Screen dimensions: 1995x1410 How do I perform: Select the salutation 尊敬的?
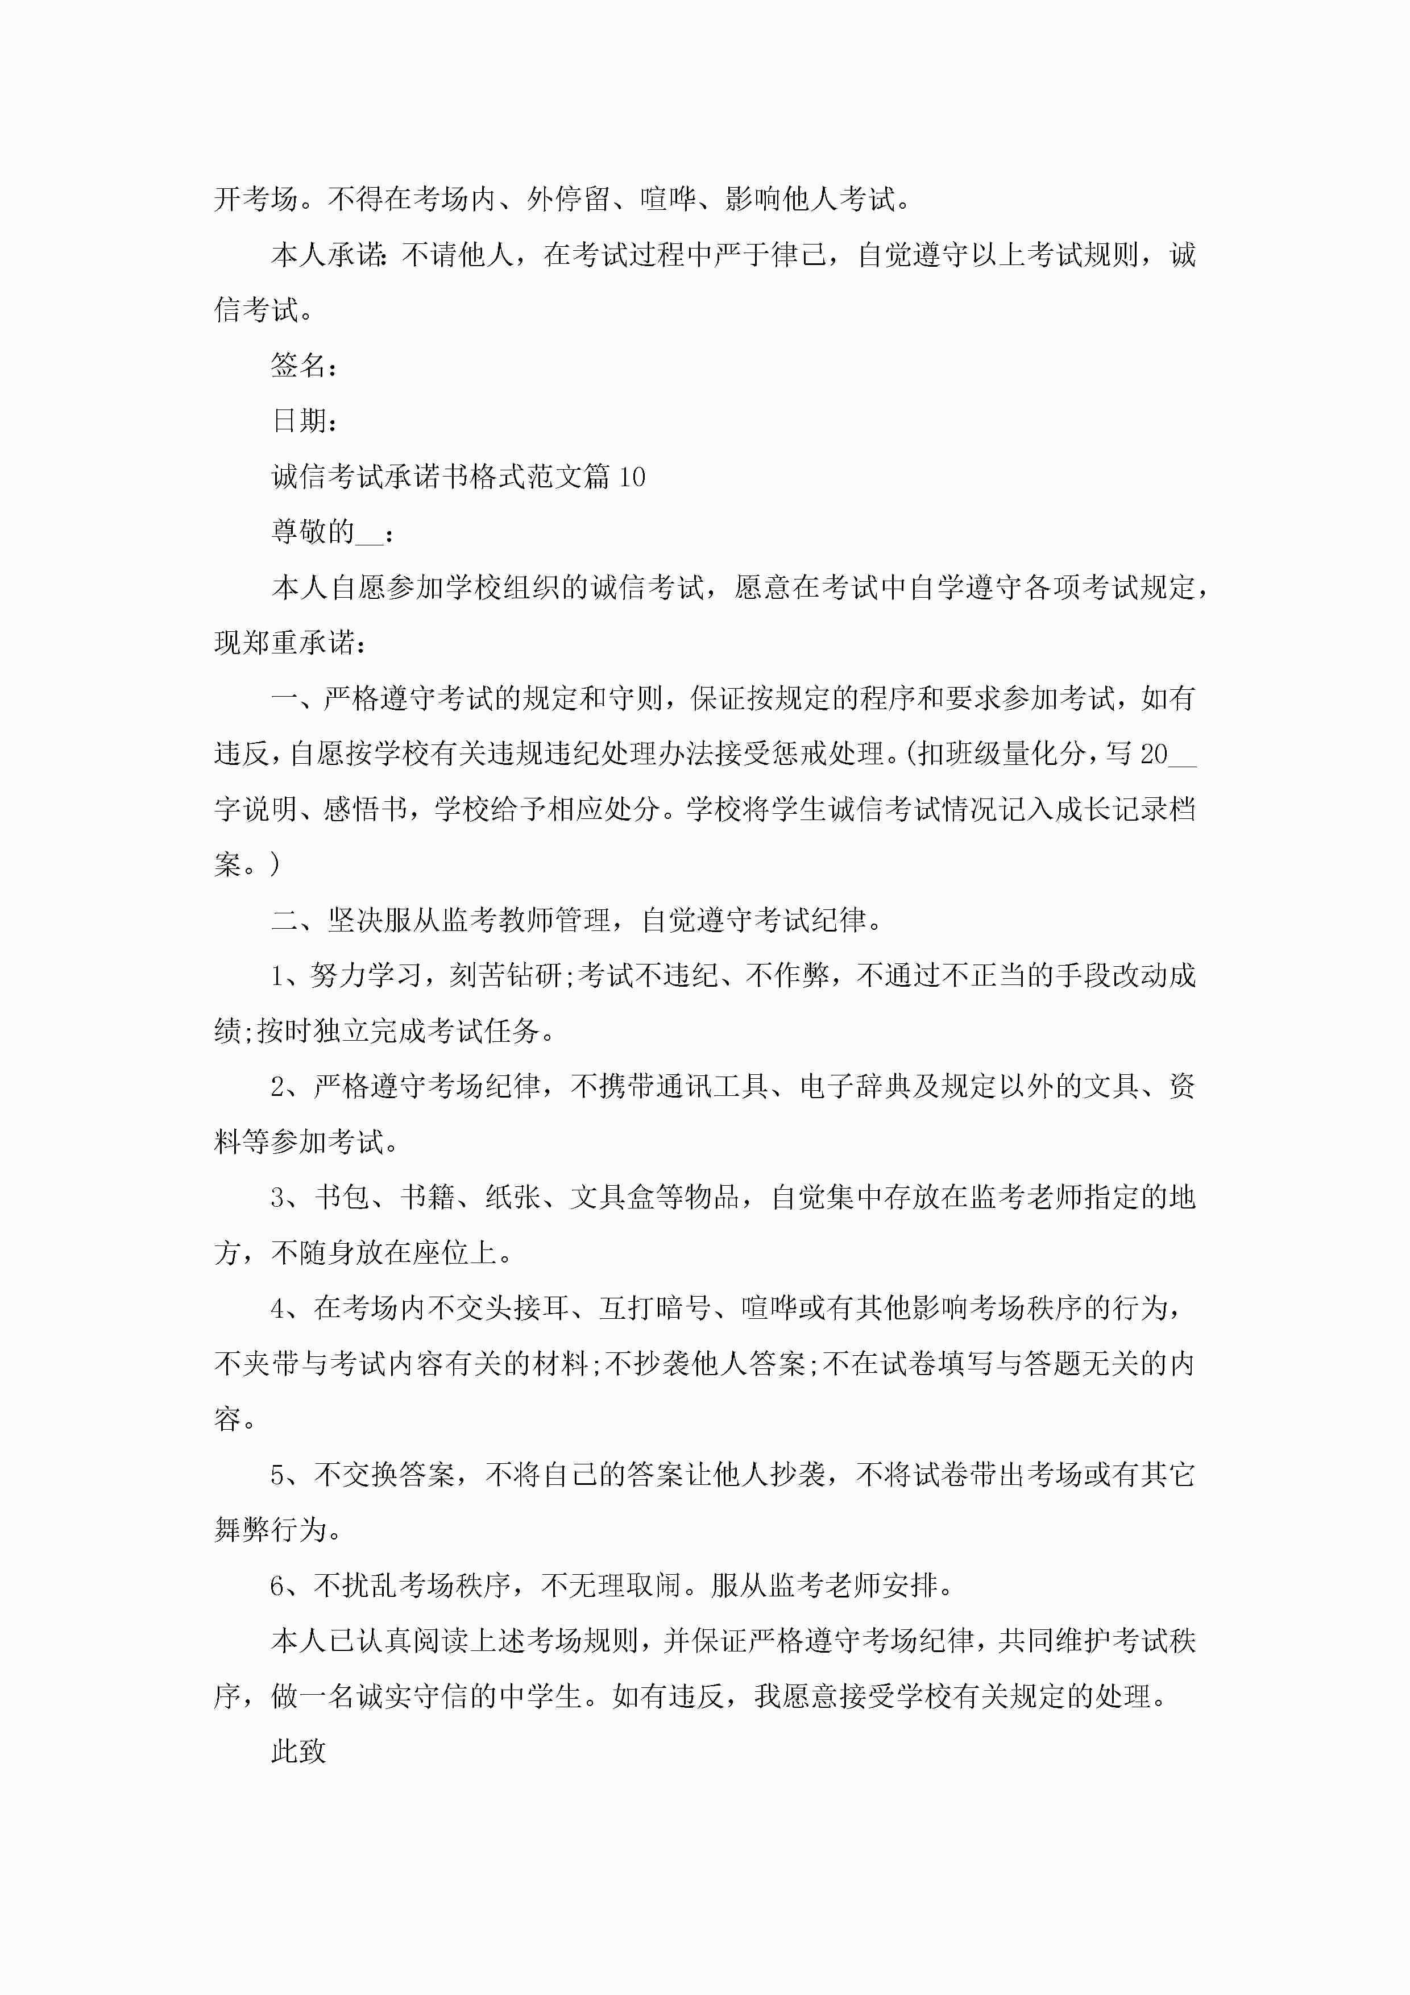tap(313, 532)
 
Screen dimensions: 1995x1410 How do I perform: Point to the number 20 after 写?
tap(1154, 754)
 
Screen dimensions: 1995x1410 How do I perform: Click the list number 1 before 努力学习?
tap(278, 976)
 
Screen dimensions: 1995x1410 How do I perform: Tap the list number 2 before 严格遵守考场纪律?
tap(278, 1087)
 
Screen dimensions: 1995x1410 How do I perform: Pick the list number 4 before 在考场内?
tap(278, 1309)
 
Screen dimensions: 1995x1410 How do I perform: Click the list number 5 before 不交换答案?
tap(278, 1475)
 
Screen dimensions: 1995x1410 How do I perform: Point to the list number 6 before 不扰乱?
tap(278, 1586)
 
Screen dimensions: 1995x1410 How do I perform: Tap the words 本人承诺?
tap(327, 255)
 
